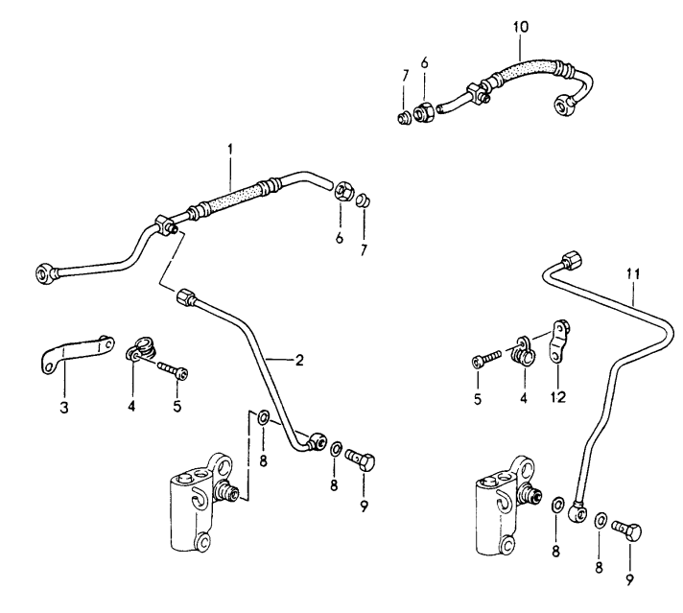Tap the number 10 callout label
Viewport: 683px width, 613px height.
coord(521,26)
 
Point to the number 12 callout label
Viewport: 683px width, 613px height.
coord(556,395)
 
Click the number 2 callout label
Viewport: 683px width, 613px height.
coord(299,360)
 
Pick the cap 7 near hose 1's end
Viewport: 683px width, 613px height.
coord(364,200)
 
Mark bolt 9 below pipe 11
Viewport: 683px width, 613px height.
coord(627,530)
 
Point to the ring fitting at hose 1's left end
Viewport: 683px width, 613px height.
coord(43,271)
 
